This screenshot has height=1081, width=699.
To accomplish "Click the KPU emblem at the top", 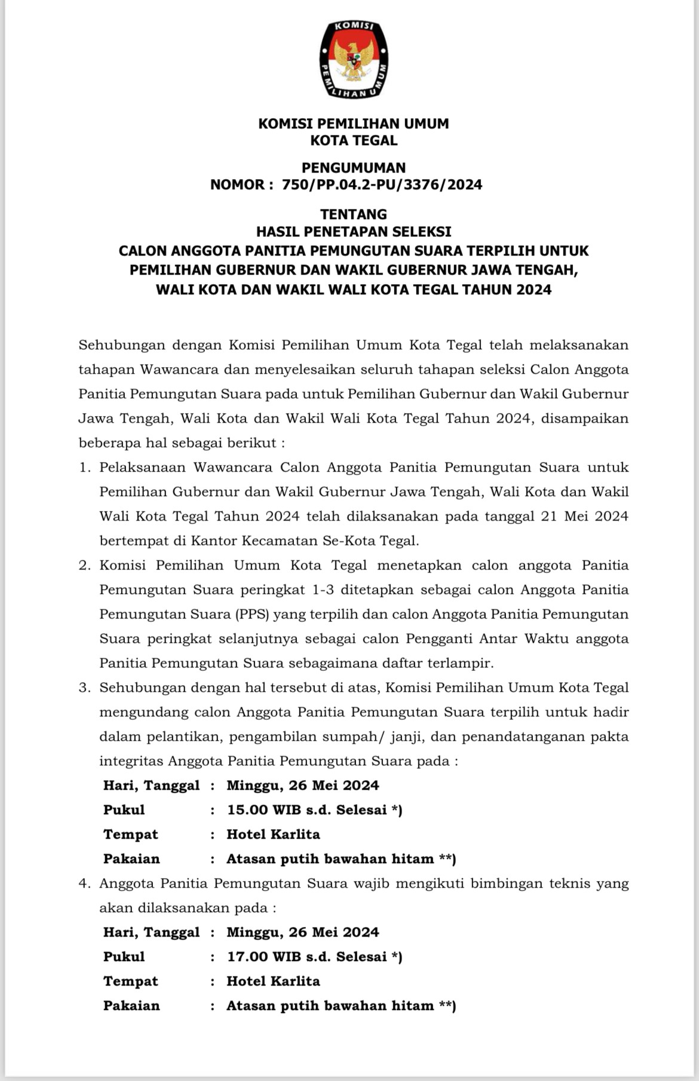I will tap(354, 59).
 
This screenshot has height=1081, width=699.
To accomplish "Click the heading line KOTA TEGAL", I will tap(354, 141).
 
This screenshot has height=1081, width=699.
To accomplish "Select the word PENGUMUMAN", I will tap(354, 168).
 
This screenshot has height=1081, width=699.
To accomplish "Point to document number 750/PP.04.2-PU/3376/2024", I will tap(382, 185).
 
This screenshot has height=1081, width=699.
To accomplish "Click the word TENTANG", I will tap(354, 214).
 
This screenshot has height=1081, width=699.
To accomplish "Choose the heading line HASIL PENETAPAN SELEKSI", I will tap(354, 231).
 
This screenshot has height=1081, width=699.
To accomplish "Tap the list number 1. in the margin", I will tap(85, 467).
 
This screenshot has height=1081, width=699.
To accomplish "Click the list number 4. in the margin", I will tap(85, 883).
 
